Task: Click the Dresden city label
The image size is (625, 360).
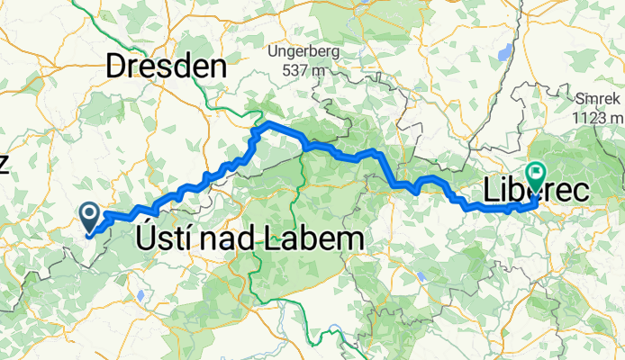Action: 165,65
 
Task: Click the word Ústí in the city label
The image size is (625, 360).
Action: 162,238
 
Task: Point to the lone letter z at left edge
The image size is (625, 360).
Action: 4,163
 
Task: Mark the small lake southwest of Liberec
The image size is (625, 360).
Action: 421,275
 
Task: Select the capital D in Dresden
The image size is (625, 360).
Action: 118,65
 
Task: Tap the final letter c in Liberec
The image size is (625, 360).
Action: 580,191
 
